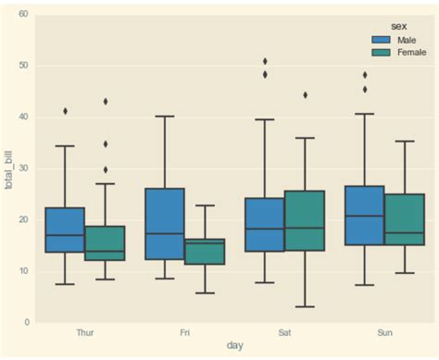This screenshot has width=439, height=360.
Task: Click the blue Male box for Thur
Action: tap(64, 230)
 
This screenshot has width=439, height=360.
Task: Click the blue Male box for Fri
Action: tap(165, 224)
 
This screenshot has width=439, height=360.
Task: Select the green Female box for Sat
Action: tap(304, 220)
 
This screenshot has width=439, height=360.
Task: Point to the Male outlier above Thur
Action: tap(65, 111)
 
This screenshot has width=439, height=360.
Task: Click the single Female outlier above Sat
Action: tap(304, 94)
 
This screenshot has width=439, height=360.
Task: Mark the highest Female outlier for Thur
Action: tap(105, 102)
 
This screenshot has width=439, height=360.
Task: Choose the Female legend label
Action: tap(411, 54)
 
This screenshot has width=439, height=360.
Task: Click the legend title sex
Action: tap(399, 28)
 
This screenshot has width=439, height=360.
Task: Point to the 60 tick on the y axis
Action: tap(22, 15)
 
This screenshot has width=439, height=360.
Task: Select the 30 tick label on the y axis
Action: tap(22, 168)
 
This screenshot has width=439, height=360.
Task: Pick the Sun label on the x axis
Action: tap(383, 330)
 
